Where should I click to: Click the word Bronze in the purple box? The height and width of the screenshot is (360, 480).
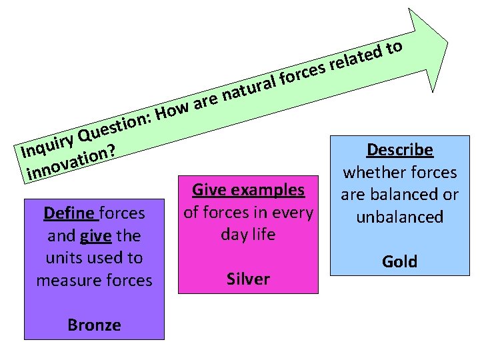click(x=94, y=325)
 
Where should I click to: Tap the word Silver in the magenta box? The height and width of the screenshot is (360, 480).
click(x=248, y=279)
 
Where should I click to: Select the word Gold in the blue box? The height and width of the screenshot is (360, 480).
click(x=399, y=261)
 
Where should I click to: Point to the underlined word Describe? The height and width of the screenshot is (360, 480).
click(x=400, y=150)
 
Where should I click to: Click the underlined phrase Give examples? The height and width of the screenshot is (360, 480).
click(x=248, y=190)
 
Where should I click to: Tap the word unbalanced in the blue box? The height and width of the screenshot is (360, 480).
click(x=399, y=217)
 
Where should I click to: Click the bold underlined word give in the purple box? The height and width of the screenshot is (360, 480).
click(x=94, y=236)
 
